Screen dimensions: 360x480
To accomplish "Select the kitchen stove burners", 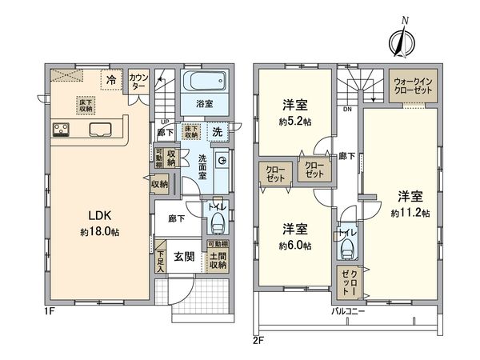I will pos(62,128).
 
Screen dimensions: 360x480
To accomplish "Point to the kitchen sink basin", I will pos(101,129).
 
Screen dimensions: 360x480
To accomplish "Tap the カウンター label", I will pos(138,80).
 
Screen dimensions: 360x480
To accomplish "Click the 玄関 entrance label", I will pos(184,257).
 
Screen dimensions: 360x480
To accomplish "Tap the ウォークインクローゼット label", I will pos(414,86).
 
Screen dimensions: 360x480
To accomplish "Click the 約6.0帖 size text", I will pos(294,245).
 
